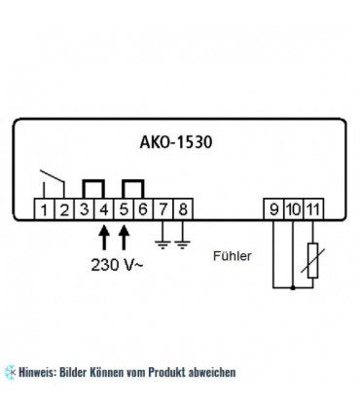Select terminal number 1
pos(43,206)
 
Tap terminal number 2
pos(63,206)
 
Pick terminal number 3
pos(84,206)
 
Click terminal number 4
pos(103,206)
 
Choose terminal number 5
pos(124,206)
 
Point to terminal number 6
pos(143,206)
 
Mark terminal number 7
pos(163,206)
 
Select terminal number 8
pos(184,206)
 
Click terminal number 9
pos(275,206)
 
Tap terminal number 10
pos(293,206)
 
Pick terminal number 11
pos(311,206)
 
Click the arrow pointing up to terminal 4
pos(103,235)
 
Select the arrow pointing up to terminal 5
pos(124,235)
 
